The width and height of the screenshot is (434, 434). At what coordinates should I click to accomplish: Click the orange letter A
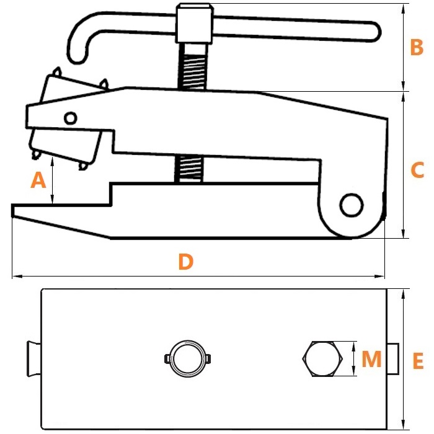pyautogui.click(x=38, y=180)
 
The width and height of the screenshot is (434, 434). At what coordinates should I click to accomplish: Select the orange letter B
pyautogui.click(x=417, y=47)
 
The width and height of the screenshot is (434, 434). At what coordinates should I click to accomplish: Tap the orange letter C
pyautogui.click(x=417, y=170)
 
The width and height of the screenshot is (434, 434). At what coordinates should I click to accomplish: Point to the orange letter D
pyautogui.click(x=186, y=262)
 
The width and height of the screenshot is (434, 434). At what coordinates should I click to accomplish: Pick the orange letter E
pyautogui.click(x=418, y=361)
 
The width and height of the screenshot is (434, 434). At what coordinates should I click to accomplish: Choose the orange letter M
pyautogui.click(x=371, y=359)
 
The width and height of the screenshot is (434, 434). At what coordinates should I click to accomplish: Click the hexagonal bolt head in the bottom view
pyautogui.click(x=322, y=359)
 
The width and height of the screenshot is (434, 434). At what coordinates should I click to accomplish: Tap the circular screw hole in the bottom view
pyautogui.click(x=188, y=358)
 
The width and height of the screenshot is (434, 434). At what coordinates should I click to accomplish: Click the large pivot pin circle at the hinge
pyautogui.click(x=352, y=205)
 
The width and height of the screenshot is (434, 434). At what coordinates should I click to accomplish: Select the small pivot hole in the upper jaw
pyautogui.click(x=70, y=118)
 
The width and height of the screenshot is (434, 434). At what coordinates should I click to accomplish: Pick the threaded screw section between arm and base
pyautogui.click(x=189, y=169)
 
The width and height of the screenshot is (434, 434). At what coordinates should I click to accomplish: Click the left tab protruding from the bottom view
pyautogui.click(x=34, y=359)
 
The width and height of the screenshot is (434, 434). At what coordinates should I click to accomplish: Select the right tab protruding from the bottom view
pyautogui.click(x=392, y=359)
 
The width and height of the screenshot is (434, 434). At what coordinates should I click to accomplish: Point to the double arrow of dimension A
pyautogui.click(x=52, y=181)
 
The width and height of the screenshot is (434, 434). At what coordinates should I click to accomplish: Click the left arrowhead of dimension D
pyautogui.click(x=17, y=276)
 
